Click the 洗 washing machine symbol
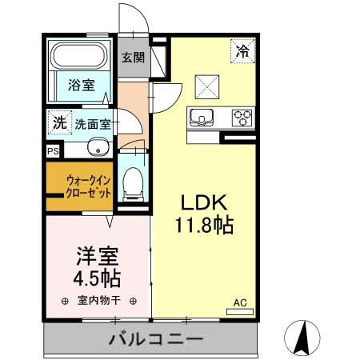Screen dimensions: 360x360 [58, 122]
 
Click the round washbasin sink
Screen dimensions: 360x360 [97, 147]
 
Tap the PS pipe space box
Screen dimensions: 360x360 [53, 150]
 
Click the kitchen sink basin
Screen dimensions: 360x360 [200, 118]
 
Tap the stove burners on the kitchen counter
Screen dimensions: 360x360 [242, 118]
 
